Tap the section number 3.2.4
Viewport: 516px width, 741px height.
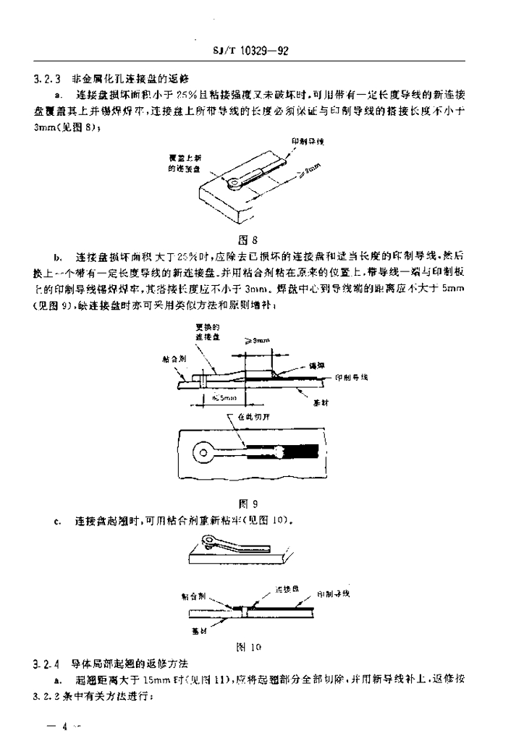click(x=47, y=663)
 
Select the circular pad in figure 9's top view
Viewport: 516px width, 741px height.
click(x=202, y=454)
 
